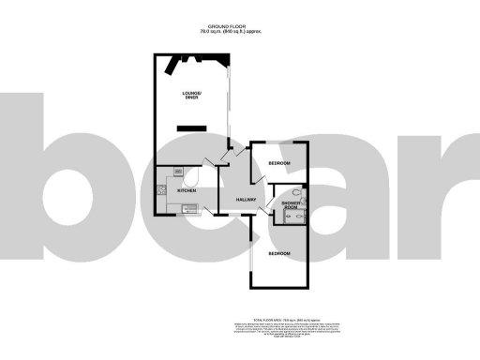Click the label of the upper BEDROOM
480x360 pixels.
click(278, 163)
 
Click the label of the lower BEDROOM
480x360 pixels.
click(279, 254)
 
